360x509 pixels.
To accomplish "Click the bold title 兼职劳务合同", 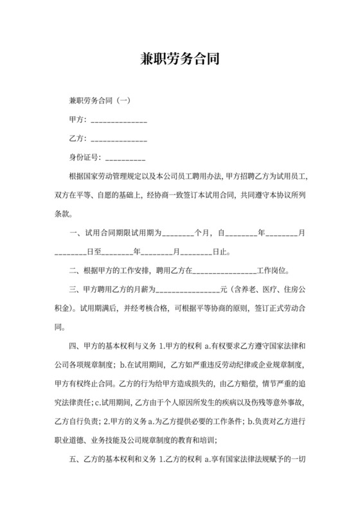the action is pos(179,59).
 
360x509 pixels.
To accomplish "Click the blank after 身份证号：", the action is pos(125,157).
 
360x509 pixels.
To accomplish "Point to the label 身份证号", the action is pos(83,157).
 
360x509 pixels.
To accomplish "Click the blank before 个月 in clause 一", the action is pos(178,233).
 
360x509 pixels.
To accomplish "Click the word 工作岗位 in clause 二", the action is pos(273,271).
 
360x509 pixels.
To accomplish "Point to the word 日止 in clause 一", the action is pos(220,251).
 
